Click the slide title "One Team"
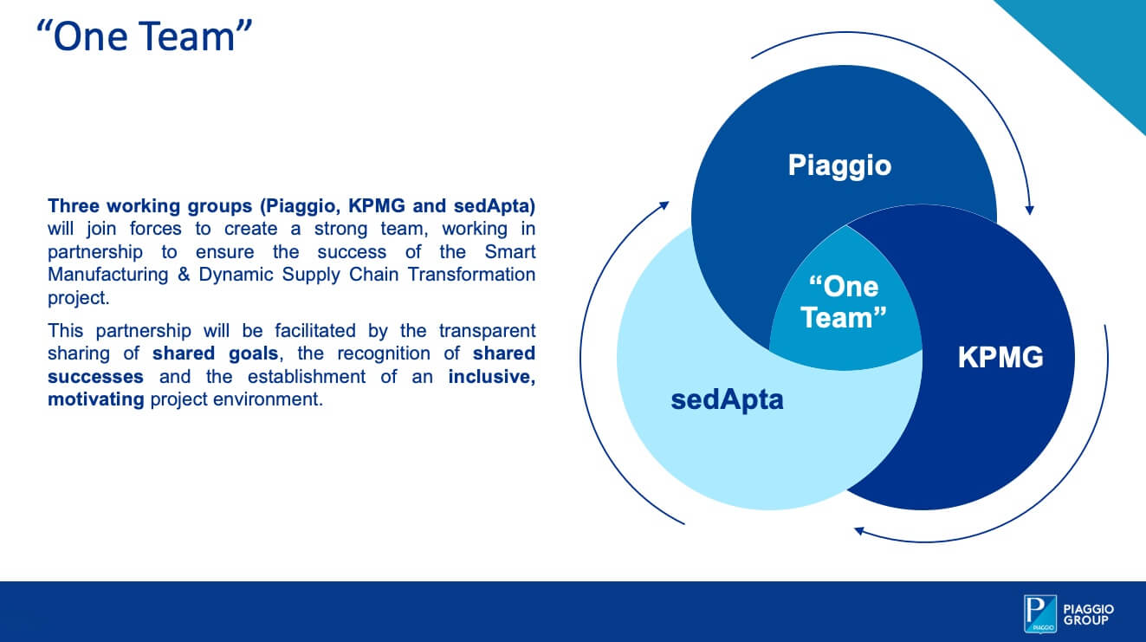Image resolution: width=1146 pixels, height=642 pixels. pyautogui.click(x=145, y=38)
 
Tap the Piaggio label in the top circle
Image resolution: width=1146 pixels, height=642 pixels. pyautogui.click(x=838, y=165)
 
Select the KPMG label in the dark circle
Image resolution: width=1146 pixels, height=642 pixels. pyautogui.click(x=1000, y=357)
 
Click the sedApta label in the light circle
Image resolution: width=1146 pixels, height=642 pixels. pyautogui.click(x=727, y=399)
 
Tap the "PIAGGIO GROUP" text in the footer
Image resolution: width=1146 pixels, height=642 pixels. pyautogui.click(x=1089, y=614)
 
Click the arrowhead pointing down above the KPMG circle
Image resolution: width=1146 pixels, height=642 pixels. pyautogui.click(x=1029, y=208)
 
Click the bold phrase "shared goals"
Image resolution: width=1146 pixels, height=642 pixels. pyautogui.click(x=215, y=353)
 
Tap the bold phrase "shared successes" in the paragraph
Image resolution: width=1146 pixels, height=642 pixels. pyautogui.click(x=95, y=377)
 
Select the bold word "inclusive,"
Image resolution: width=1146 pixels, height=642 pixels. pyautogui.click(x=491, y=377)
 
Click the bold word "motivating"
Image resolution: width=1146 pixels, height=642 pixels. pyautogui.click(x=95, y=400)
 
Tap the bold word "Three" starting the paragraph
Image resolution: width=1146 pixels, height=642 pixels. pyautogui.click(x=73, y=206)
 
